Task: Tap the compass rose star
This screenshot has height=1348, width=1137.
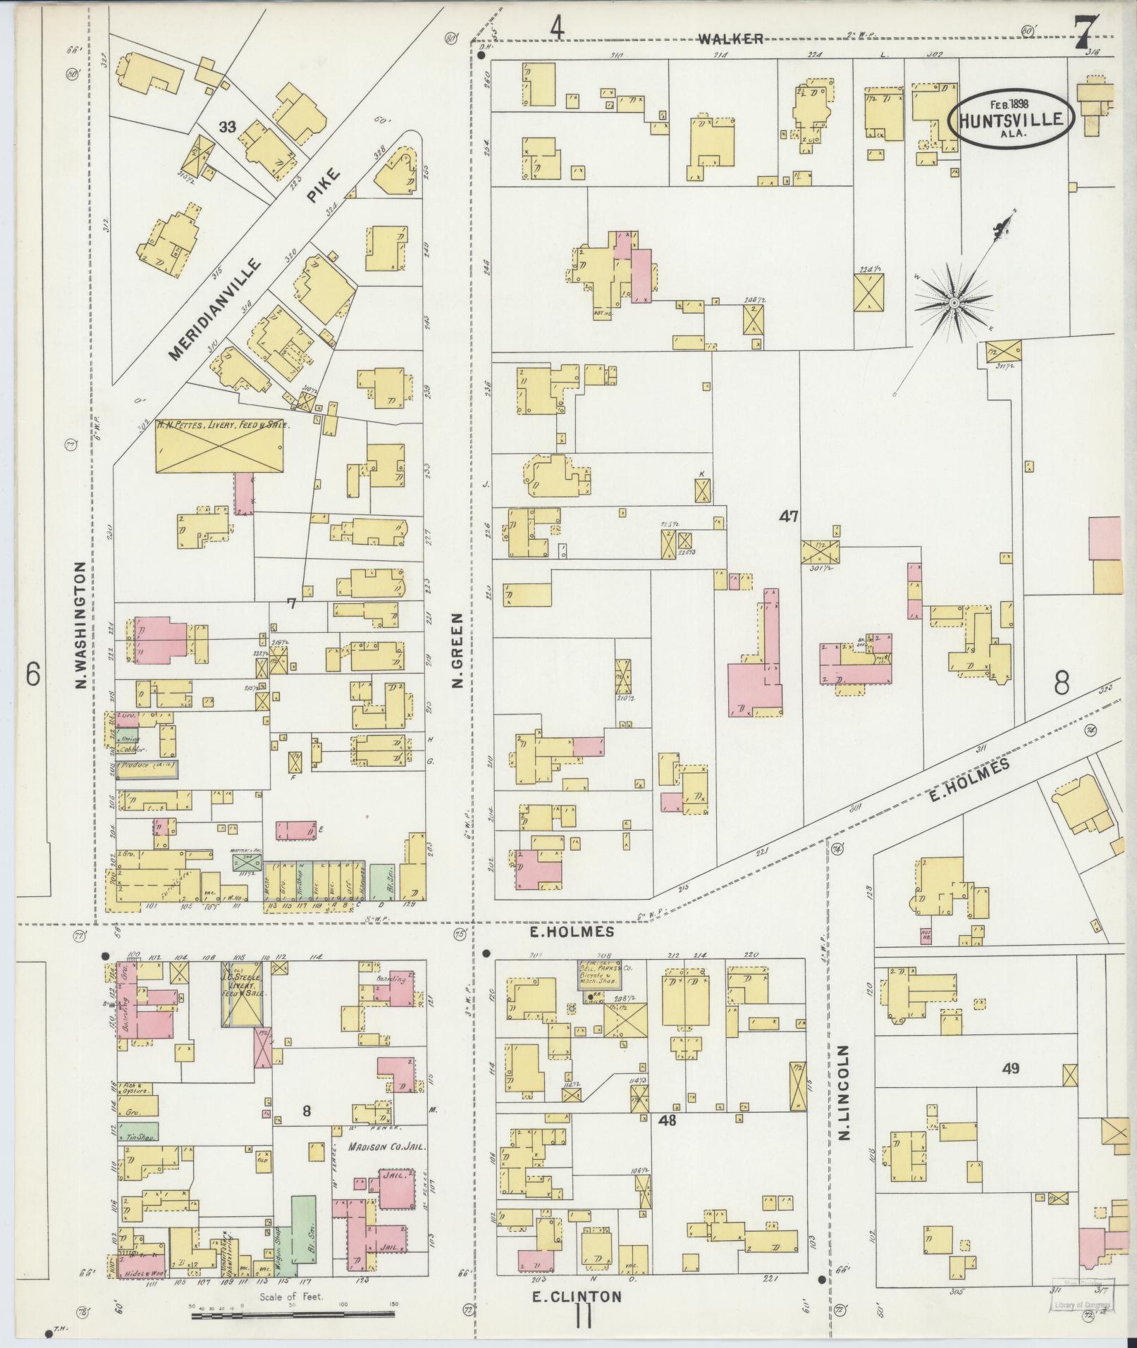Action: coord(953,302)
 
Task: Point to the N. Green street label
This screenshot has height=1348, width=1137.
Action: coord(457,649)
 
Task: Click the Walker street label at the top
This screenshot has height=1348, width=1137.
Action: coord(731,39)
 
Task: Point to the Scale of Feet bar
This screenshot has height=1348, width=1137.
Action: coord(293,1313)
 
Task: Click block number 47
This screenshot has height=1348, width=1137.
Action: coord(788,517)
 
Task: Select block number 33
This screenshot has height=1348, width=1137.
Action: coord(227,127)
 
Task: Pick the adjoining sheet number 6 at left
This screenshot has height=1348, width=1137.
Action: coord(32,674)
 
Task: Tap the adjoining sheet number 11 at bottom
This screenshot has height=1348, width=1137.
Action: coord(583,1316)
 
